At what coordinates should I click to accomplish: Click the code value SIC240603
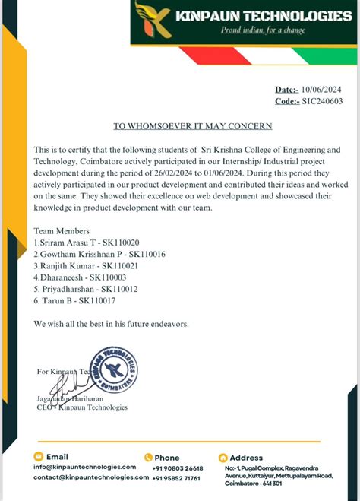tap(322, 100)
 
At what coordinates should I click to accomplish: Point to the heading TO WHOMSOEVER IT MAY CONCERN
tap(192, 125)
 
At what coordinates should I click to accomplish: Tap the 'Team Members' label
tap(62, 230)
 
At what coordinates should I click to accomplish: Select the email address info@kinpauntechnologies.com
tap(84, 467)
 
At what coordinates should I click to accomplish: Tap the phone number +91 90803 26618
tap(178, 468)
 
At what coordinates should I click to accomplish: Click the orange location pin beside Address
tap(223, 458)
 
